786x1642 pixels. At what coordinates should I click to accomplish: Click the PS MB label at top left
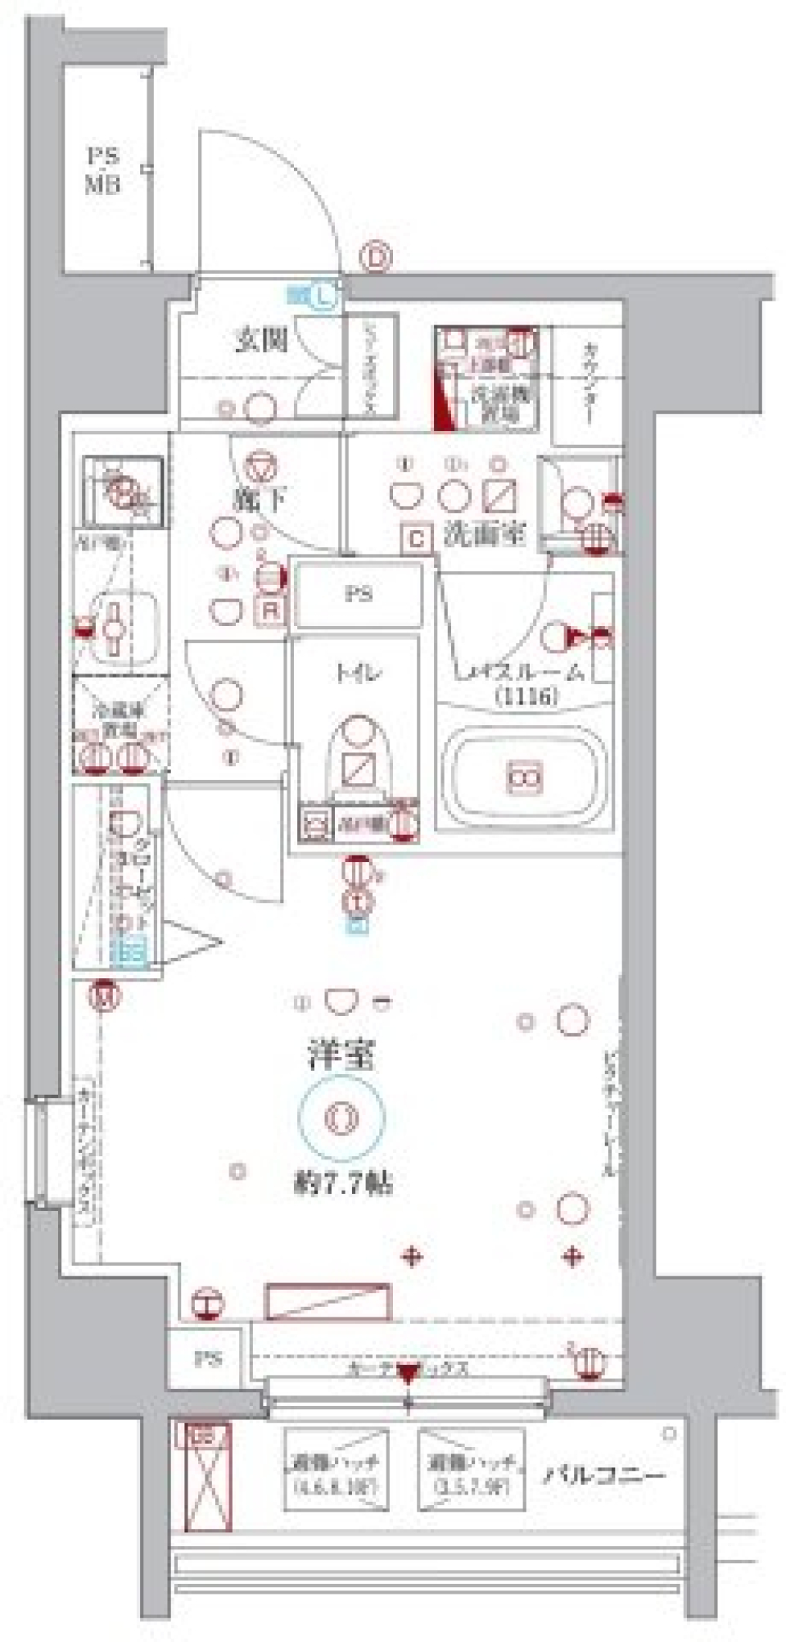coord(104,170)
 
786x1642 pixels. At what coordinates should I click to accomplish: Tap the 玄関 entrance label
coord(261,339)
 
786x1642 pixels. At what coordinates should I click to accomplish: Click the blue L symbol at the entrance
coord(323,295)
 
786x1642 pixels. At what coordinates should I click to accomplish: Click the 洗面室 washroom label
coord(484,534)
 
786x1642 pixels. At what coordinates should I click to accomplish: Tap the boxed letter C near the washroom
coord(417,538)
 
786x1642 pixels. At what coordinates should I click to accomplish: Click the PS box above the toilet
coord(358,594)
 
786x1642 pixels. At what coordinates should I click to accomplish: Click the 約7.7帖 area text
coord(343,1183)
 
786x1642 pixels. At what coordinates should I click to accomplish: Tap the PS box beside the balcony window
coord(207,1359)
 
